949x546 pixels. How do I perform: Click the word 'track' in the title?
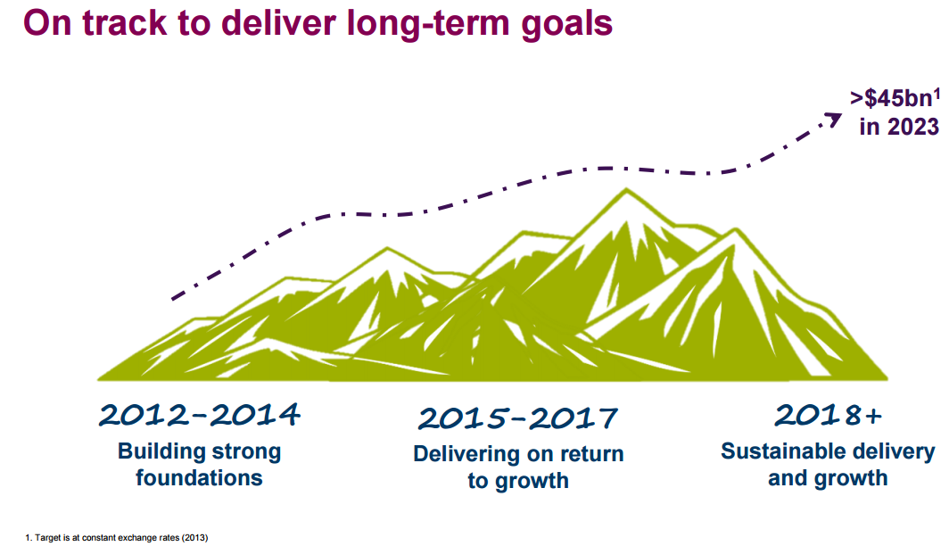124,23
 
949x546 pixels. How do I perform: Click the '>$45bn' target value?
891,98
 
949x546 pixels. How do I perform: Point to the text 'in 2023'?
899,127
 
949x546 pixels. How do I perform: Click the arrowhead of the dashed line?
833,119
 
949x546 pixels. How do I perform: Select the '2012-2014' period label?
199,415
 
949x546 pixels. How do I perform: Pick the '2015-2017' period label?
517,418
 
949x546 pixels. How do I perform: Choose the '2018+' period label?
828,415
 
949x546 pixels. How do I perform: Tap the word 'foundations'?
199,477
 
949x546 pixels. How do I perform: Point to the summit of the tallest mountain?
626,189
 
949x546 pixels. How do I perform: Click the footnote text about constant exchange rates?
117,538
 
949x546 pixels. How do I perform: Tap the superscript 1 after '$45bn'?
937,94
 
